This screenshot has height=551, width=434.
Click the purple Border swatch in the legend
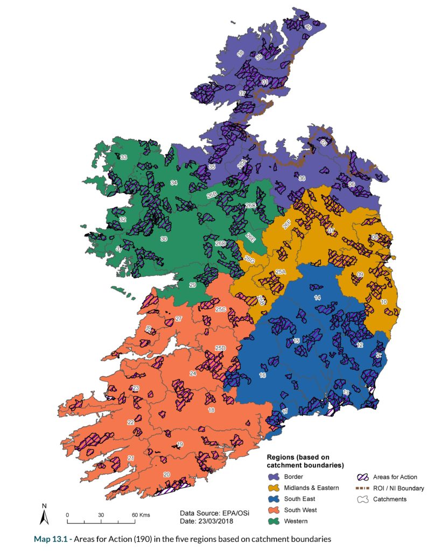278,477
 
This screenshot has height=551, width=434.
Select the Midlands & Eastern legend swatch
278,488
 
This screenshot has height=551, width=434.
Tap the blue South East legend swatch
278,499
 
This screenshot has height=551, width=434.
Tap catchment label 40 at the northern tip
309,27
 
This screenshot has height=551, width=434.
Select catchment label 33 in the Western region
123,157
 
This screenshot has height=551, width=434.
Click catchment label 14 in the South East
318,298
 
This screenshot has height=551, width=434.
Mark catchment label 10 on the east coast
384,302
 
